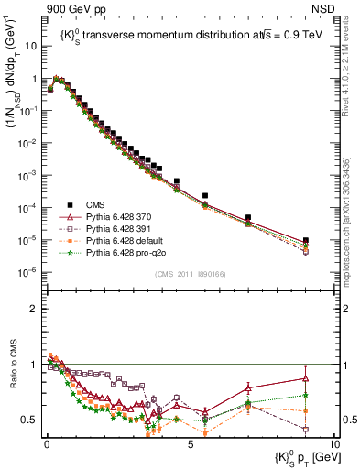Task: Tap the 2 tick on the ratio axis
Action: coord(38,309)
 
